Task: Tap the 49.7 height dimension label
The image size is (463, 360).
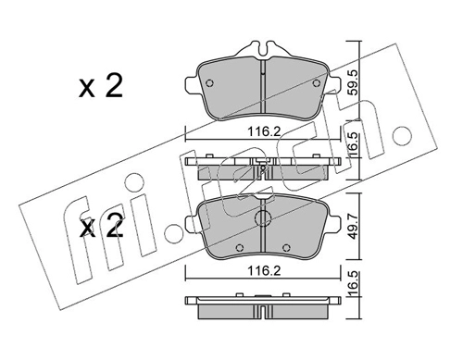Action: [x=354, y=227]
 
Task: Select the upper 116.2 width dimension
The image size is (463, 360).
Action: [x=263, y=132]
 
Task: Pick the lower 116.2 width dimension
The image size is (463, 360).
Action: [x=263, y=271]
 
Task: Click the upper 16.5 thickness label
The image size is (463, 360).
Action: [x=354, y=144]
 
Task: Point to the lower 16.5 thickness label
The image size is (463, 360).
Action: [x=354, y=283]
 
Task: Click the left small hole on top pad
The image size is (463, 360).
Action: [x=209, y=83]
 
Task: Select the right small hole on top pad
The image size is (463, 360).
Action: [x=317, y=83]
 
